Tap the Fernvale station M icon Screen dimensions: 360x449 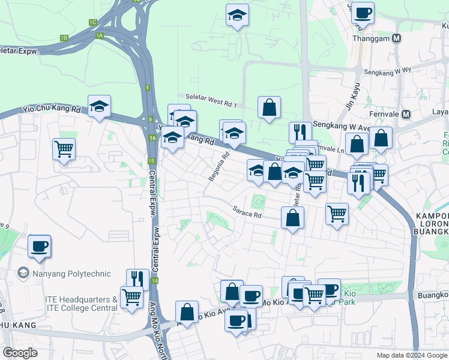[x=407, y=114]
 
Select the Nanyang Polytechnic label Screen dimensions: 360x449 [x=71, y=274]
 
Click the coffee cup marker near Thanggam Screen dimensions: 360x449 [x=363, y=13]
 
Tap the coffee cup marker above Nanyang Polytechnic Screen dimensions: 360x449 [x=39, y=247]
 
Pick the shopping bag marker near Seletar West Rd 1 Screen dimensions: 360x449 [x=270, y=108]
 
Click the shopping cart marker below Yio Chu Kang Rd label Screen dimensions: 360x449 [x=64, y=149]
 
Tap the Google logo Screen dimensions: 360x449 [x=20, y=353]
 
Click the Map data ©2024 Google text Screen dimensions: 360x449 [x=411, y=355]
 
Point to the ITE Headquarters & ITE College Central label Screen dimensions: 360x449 [x=80, y=304]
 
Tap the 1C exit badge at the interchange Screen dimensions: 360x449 [x=92, y=22]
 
